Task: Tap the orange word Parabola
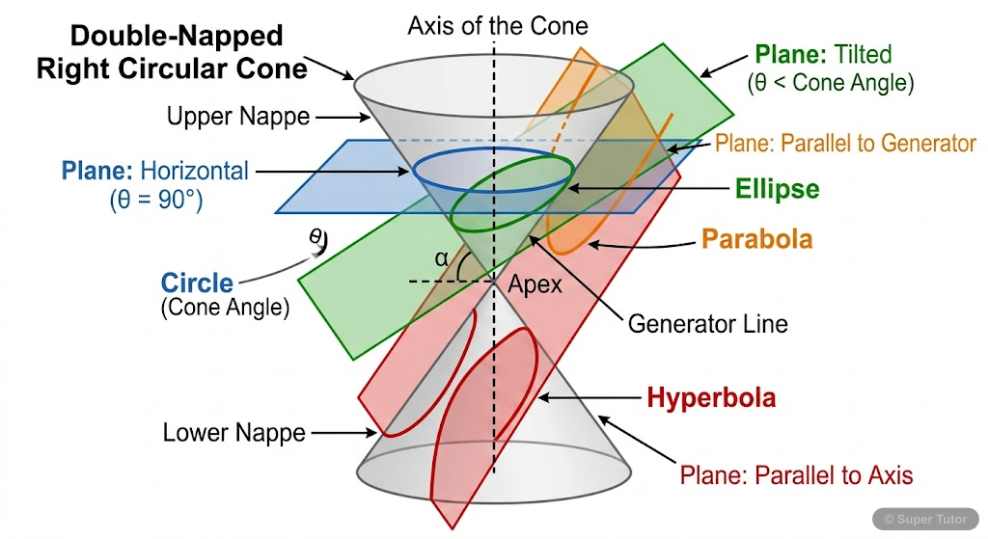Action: [756, 238]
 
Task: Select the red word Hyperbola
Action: [711, 397]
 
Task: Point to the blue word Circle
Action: [197, 283]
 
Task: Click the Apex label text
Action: [535, 285]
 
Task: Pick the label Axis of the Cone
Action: [497, 25]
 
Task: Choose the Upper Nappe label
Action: [238, 118]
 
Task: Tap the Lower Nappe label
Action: [233, 433]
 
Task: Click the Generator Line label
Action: [707, 324]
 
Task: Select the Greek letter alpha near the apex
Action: [441, 258]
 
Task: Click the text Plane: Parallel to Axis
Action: [796, 474]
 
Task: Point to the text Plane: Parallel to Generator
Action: [845, 144]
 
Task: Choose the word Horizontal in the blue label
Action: [194, 172]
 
